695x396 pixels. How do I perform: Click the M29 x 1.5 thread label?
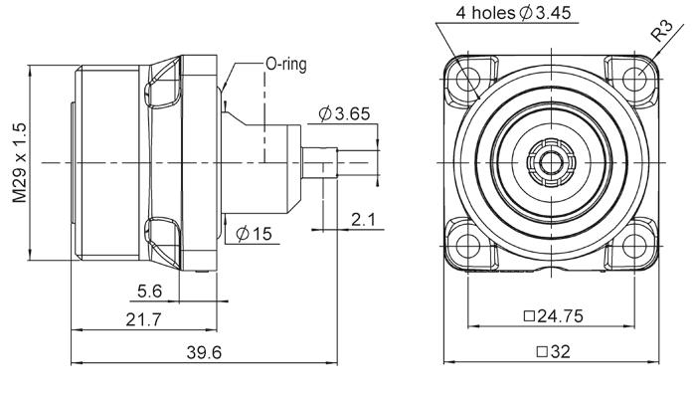[20, 163]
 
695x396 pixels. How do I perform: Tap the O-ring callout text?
[286, 64]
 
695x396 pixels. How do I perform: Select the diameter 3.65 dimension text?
[344, 114]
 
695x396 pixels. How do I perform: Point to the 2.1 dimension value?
[364, 219]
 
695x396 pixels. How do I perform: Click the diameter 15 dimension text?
[254, 234]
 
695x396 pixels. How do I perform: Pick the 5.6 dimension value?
[150, 292]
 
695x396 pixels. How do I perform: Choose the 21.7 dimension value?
[143, 319]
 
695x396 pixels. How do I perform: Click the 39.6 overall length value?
[204, 352]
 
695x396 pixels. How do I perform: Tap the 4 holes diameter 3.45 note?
[513, 13]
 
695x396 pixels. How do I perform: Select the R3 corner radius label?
[662, 31]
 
